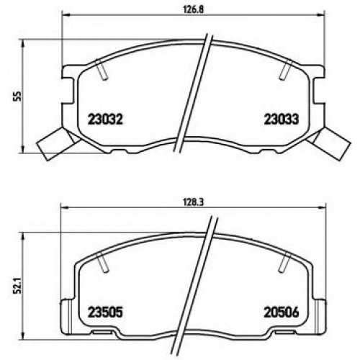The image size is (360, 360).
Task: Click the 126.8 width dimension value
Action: (194, 9)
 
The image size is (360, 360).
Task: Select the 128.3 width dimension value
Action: (194, 202)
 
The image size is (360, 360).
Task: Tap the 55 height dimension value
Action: (19, 96)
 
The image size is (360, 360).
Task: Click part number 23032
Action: (106, 119)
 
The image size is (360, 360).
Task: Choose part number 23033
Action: (282, 119)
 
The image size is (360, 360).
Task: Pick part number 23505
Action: (106, 312)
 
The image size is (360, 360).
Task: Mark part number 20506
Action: (282, 312)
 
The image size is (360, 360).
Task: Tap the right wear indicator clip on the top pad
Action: (329, 143)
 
